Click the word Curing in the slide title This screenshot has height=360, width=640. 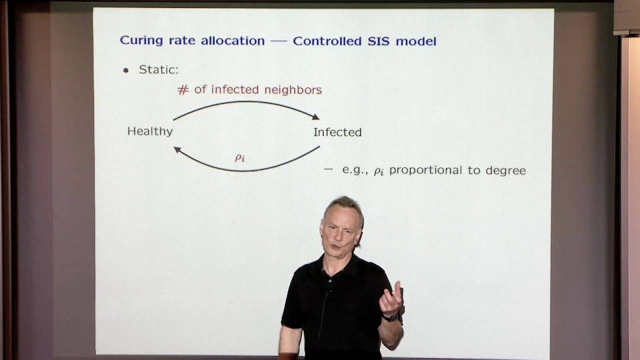click(141, 40)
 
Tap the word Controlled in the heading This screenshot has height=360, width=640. click(327, 41)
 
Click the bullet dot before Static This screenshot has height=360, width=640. click(125, 70)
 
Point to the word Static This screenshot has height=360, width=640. click(158, 69)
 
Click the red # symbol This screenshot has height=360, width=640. click(183, 90)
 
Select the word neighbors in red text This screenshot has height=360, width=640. click(293, 90)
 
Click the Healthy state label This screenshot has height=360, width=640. click(150, 131)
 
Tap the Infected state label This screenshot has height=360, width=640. click(337, 132)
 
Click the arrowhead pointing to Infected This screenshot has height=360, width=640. click(315, 116)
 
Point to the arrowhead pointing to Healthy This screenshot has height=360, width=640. click(177, 149)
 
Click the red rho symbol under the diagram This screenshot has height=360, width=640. click(239, 157)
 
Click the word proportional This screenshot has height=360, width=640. click(425, 170)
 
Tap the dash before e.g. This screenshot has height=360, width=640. click(328, 169)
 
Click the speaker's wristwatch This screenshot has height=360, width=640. click(390, 317)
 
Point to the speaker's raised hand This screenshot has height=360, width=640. click(391, 298)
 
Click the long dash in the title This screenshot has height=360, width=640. click(278, 41)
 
